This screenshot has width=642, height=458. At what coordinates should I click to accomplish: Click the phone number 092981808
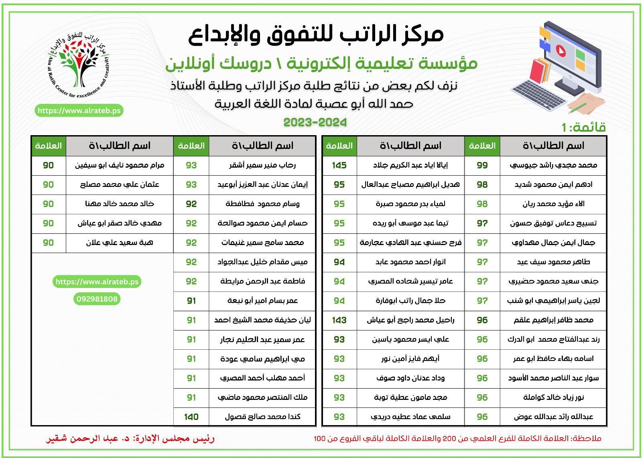(x=96, y=299)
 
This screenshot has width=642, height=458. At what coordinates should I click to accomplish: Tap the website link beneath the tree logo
(x=79, y=111)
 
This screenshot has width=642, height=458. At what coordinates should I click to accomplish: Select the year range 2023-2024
(x=315, y=122)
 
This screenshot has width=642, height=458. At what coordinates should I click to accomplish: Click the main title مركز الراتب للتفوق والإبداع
(x=316, y=34)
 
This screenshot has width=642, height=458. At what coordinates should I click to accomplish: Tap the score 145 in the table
(x=339, y=165)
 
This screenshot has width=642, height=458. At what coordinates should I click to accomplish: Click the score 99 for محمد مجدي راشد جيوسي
(x=482, y=165)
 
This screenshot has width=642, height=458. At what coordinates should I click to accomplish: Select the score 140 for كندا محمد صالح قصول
(x=191, y=417)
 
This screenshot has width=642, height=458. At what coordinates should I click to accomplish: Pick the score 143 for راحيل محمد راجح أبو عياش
(x=339, y=320)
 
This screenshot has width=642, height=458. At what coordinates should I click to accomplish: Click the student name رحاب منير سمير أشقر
(x=262, y=165)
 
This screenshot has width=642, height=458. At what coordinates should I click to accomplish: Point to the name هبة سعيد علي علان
(x=119, y=243)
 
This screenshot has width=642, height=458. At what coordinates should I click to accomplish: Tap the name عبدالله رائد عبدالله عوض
(x=553, y=417)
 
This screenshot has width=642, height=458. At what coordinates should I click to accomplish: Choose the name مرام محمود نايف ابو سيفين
(x=119, y=165)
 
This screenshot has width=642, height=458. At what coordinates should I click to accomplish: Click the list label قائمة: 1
(x=583, y=128)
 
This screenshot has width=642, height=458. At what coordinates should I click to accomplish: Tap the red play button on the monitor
(x=559, y=50)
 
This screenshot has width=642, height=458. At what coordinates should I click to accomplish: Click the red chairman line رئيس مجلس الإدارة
(x=130, y=439)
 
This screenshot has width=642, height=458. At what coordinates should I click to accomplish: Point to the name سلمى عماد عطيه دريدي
(x=410, y=417)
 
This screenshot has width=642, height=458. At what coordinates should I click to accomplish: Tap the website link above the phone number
(x=97, y=282)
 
